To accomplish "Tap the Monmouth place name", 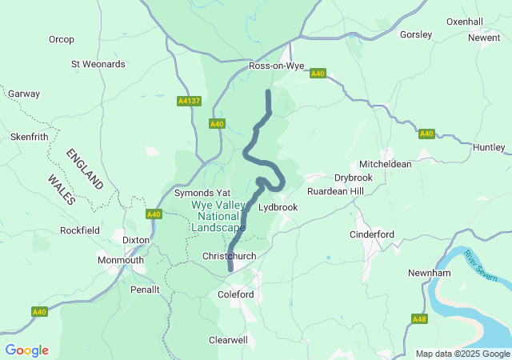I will tap(121, 260).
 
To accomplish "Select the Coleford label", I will tap(236, 294).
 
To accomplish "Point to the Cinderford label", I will tap(372, 234).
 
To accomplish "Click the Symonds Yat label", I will tap(202, 194).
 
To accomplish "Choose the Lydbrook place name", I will tap(278, 206).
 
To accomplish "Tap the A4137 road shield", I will tap(189, 102).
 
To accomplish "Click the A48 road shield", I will tap(419, 318).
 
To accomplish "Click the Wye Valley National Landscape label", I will tap(218, 216).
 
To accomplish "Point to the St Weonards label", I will tap(98, 64).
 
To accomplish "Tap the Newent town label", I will tap(484, 38).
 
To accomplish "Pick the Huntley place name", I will tap(490, 147).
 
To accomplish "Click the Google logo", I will tap(26, 350).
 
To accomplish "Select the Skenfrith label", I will tap(30, 137).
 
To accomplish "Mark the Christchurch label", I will tap(229, 256).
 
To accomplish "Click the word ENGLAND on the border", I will tap(85, 168).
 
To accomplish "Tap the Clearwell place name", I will tap(228, 340).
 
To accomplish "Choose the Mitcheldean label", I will tap(386, 164).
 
